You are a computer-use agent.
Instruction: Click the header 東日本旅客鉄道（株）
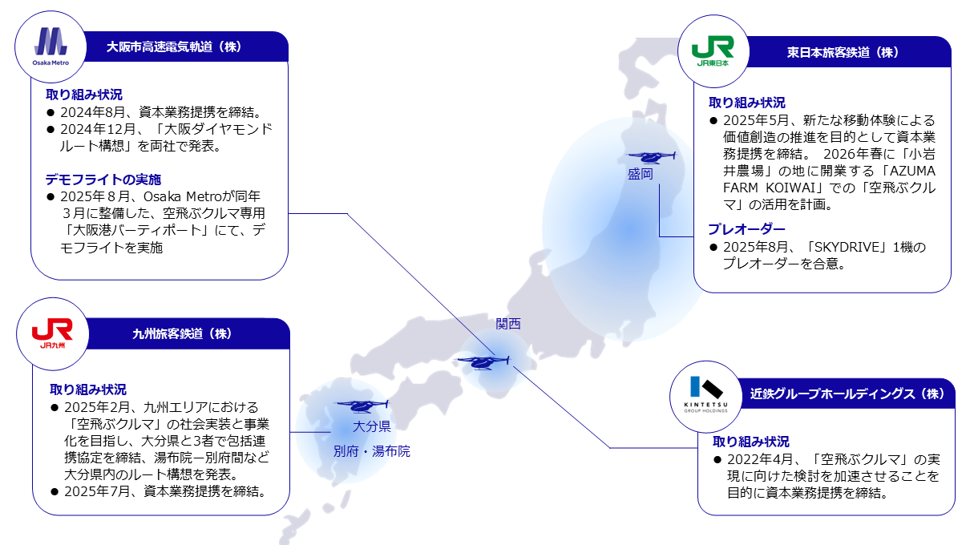tap(843, 52)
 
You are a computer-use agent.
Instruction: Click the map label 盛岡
tap(641, 174)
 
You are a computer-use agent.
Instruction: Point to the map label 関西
tap(507, 324)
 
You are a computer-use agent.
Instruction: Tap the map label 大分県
tap(371, 426)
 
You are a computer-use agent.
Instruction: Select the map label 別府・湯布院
tap(371, 451)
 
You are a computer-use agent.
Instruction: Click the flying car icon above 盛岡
tap(651, 157)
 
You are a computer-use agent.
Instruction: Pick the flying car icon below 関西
tap(483, 361)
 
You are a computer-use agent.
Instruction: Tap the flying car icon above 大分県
tap(362, 406)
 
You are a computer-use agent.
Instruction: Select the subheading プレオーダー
tap(746, 229)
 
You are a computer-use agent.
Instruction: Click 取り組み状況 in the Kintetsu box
tap(750, 442)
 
